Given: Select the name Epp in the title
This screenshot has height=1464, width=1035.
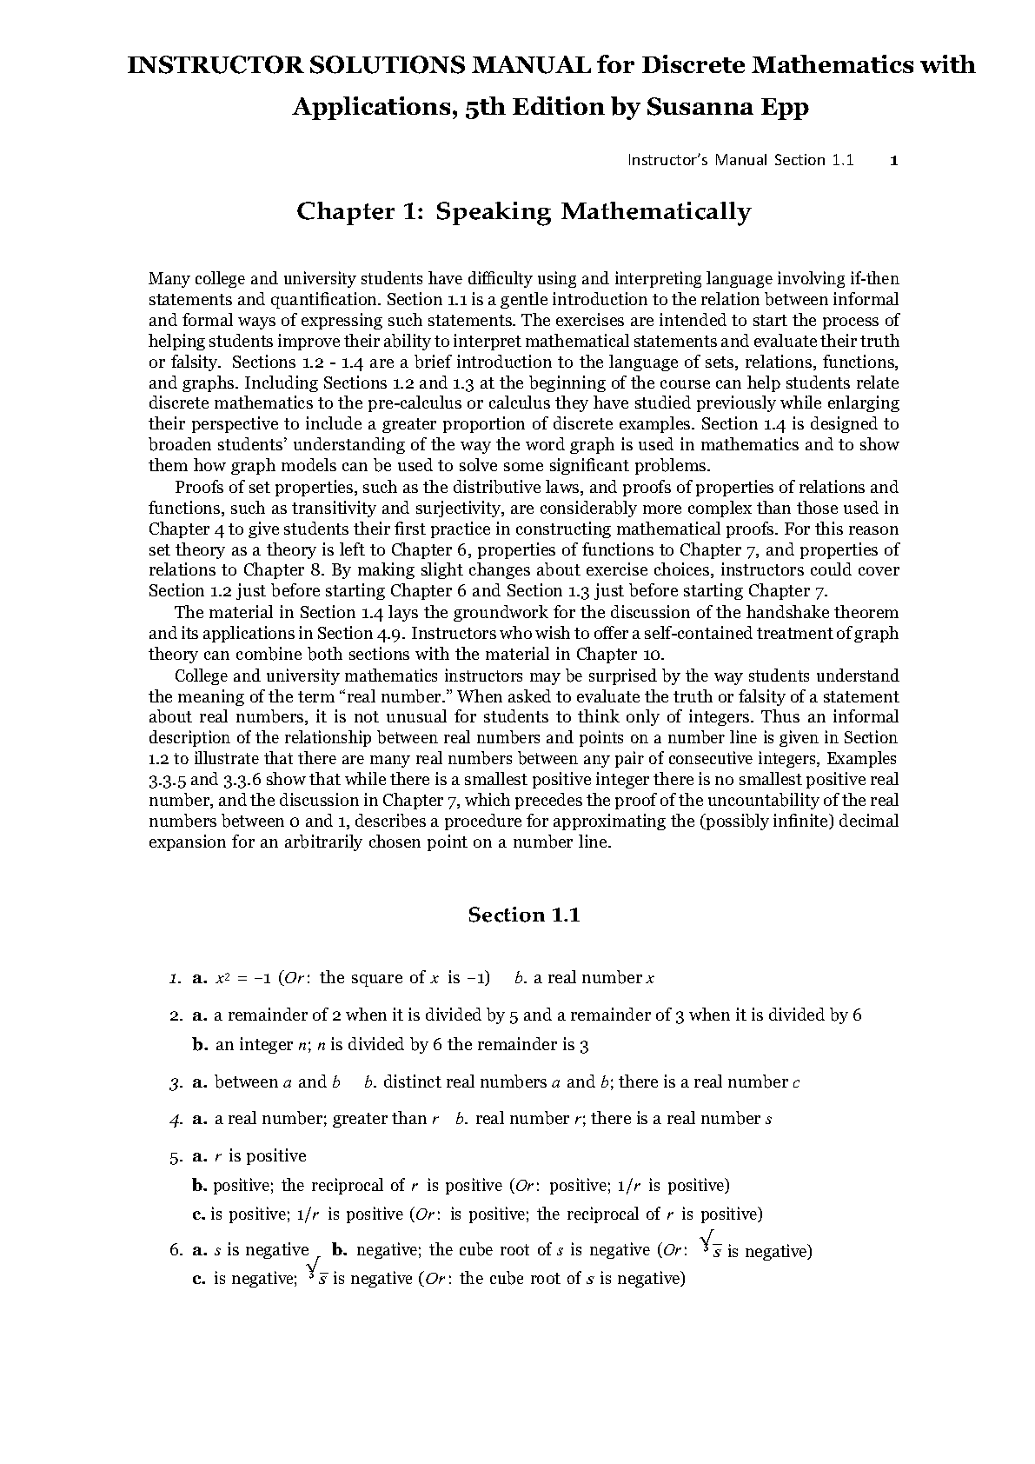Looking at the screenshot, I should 780,107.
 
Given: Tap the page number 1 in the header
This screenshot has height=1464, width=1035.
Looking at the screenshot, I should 895,160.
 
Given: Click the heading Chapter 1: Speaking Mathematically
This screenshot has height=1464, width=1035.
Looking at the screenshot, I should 523,211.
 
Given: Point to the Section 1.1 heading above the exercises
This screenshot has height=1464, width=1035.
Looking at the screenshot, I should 523,915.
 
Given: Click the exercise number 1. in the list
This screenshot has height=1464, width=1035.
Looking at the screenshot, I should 176,978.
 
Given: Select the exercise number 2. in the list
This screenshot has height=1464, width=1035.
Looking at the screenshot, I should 176,1015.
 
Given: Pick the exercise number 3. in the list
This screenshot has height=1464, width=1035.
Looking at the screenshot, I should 176,1083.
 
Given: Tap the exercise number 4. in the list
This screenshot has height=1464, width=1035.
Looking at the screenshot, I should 176,1120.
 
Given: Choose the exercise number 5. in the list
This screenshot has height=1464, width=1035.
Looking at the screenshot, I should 176,1157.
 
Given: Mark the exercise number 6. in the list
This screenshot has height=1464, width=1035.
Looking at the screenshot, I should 176,1251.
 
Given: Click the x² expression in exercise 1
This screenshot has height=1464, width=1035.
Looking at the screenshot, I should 222,978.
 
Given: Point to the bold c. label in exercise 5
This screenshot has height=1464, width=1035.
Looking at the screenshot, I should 199,1214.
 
